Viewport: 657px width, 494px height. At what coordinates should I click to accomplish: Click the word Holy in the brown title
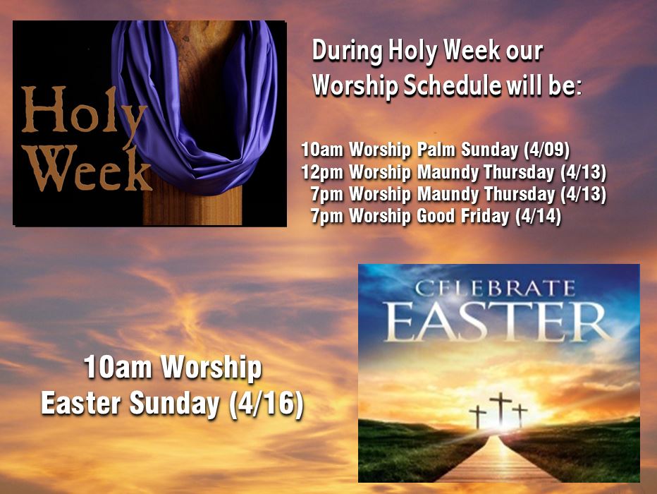84,115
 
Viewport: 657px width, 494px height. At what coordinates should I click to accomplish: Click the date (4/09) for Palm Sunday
547,150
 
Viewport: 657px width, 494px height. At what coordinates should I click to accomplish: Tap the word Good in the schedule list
436,215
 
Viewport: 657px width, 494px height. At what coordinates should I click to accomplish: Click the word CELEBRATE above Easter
494,289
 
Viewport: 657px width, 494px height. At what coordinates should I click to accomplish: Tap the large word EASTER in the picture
496,321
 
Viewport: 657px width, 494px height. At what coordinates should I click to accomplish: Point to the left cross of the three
478,416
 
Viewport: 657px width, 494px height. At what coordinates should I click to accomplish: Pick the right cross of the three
520,415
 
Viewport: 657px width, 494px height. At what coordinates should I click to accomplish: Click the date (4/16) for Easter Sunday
266,404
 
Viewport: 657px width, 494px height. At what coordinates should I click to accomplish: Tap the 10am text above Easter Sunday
118,367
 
